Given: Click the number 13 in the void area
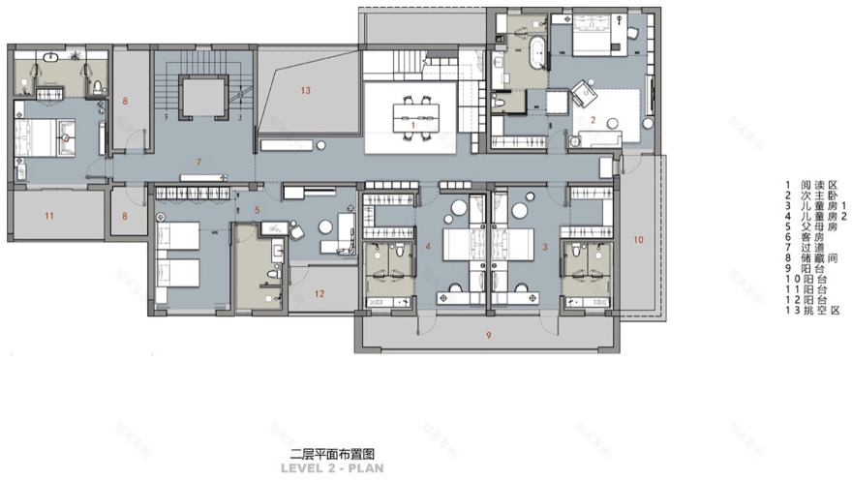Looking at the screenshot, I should click(x=305, y=91).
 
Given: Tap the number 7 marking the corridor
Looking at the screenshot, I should click(x=198, y=160).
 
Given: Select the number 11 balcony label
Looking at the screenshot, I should click(x=50, y=214).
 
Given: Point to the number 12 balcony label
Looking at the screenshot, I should click(x=319, y=293).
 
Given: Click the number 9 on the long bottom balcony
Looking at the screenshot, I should click(x=488, y=335).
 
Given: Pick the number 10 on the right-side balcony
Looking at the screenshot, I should click(x=637, y=237).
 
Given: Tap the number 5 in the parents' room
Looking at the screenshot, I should click(x=258, y=209).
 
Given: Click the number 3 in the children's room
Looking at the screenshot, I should click(x=546, y=248).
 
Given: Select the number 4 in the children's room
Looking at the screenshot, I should click(x=427, y=248).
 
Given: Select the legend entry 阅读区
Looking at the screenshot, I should click(x=812, y=183).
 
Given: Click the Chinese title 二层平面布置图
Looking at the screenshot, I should click(x=332, y=453).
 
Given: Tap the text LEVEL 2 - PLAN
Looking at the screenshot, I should click(x=332, y=468).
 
